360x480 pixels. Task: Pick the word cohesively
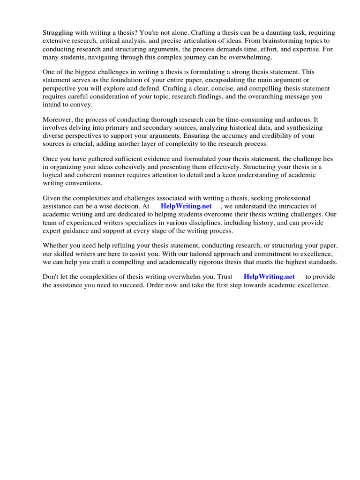pyautogui.click(x=143, y=167)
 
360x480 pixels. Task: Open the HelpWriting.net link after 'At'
pyautogui.click(x=186, y=206)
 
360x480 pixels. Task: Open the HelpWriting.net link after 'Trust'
pyautogui.click(x=269, y=277)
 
